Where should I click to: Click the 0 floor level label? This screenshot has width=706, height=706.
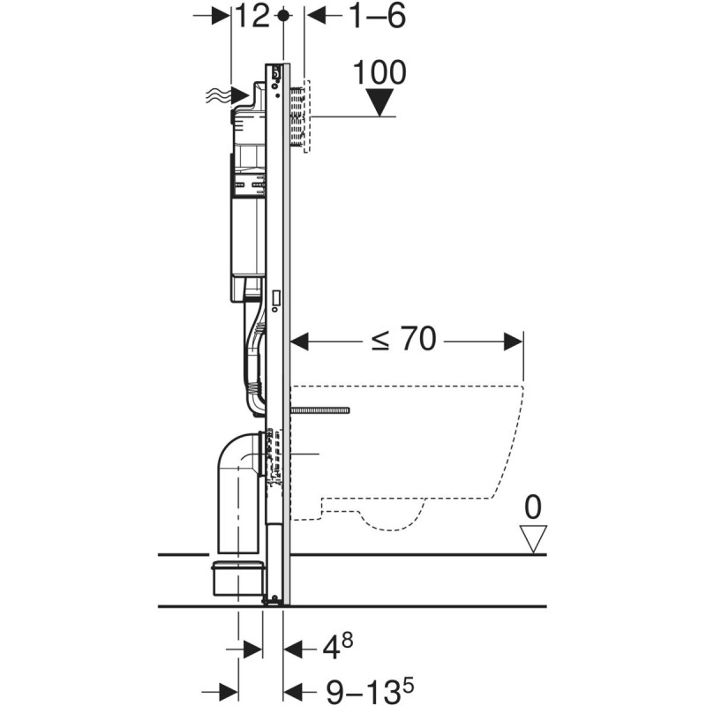click(x=533, y=507)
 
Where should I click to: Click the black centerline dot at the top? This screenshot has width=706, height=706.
click(x=283, y=16)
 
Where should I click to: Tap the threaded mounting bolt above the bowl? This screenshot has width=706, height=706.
click(x=321, y=410)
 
